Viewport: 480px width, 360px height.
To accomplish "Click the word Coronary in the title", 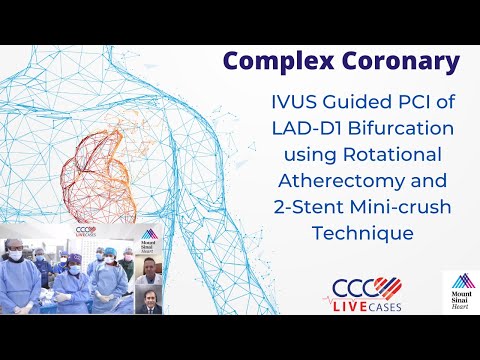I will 396,62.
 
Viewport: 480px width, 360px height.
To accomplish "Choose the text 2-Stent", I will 295,207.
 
